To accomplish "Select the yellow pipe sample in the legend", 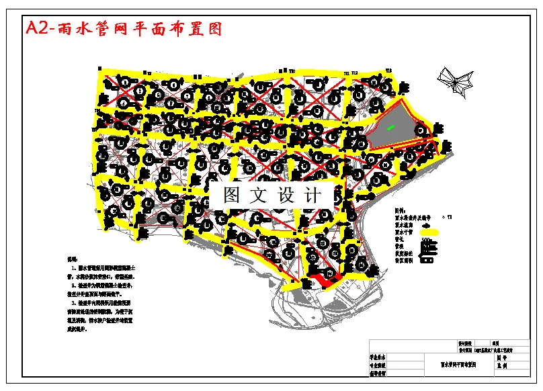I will pos(427,231).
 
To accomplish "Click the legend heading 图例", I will pos(400,210).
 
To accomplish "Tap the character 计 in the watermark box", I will pos(312,196).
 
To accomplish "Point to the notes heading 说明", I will pos(72,258).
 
